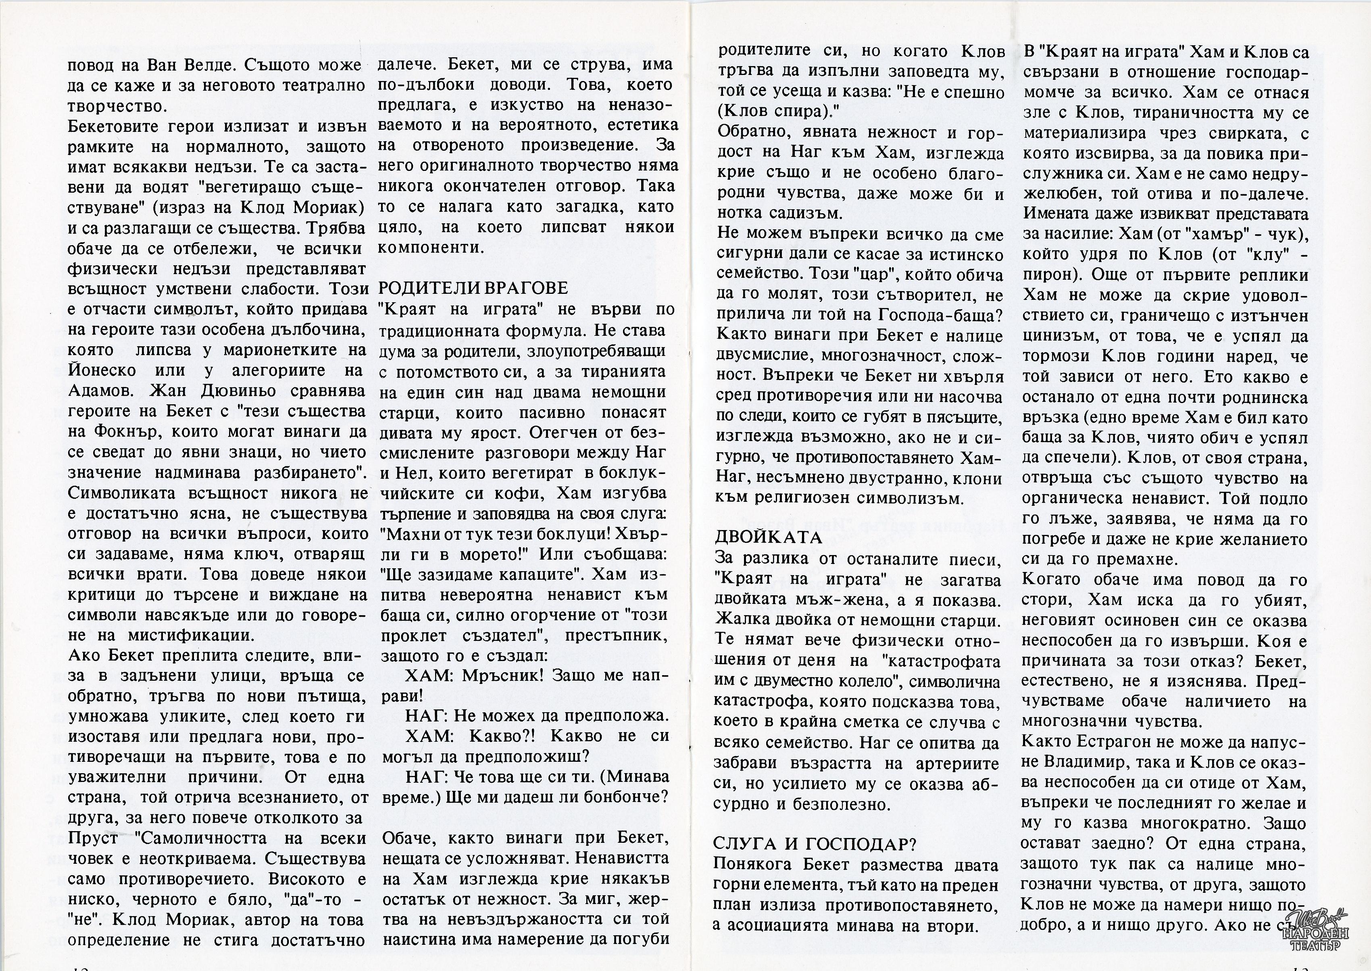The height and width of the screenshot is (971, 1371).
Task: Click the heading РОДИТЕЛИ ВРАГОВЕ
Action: point(473,288)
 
